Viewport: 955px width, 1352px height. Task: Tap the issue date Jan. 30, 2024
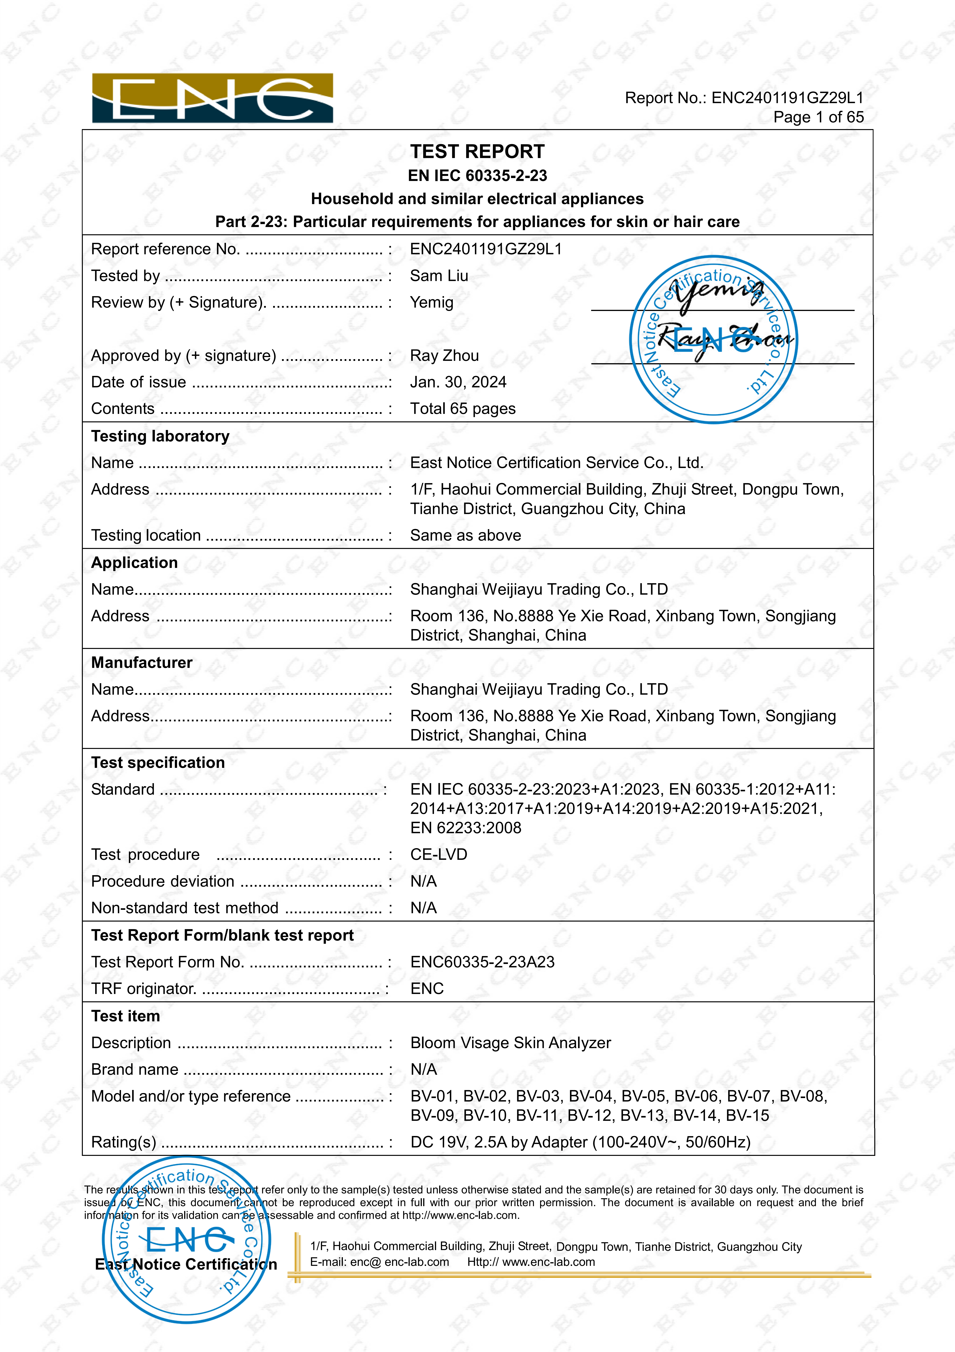point(458,382)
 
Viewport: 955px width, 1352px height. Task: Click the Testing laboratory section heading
point(160,436)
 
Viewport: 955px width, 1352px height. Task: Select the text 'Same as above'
point(465,535)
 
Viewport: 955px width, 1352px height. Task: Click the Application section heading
point(134,563)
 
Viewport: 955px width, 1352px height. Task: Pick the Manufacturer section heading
point(141,663)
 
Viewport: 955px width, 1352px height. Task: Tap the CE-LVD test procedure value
point(439,855)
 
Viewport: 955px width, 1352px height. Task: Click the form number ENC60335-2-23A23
point(482,962)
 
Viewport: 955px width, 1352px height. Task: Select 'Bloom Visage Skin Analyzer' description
point(510,1043)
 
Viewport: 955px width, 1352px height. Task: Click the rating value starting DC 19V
point(580,1142)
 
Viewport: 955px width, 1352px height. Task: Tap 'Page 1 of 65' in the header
point(818,117)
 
